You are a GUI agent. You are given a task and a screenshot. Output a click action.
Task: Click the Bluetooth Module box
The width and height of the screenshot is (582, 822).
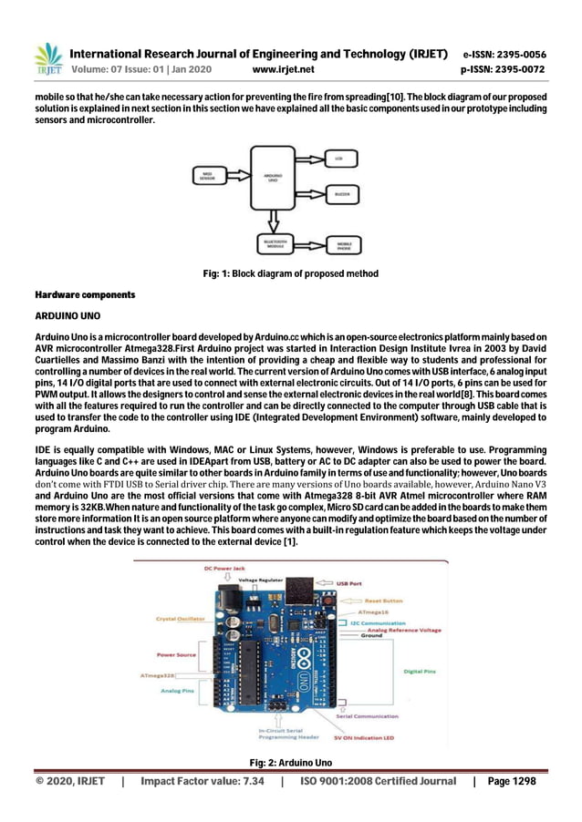click(272, 244)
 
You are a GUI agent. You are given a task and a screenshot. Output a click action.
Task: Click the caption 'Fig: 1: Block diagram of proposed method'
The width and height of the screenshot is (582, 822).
click(290, 273)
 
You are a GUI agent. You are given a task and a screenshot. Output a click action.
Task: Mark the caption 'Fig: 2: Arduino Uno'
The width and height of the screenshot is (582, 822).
click(290, 762)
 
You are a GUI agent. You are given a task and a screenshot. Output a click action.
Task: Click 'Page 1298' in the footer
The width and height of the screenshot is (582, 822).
click(512, 782)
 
